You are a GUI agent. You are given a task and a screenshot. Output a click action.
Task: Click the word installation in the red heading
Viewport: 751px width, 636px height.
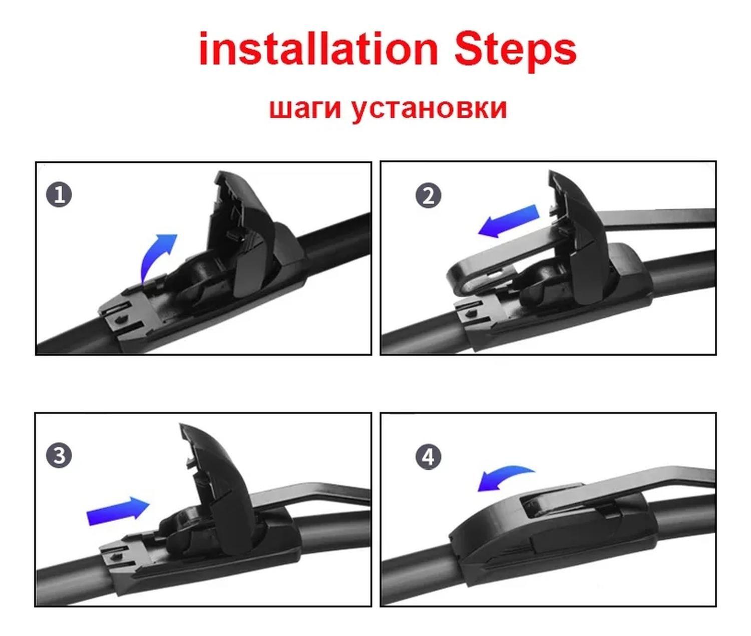[x=318, y=49]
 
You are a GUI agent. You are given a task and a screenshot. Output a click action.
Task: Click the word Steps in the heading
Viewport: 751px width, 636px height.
[x=515, y=51]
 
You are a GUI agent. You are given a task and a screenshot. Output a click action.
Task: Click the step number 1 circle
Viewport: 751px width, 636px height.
[x=59, y=195]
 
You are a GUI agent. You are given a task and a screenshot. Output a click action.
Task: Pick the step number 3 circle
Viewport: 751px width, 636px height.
[x=59, y=456]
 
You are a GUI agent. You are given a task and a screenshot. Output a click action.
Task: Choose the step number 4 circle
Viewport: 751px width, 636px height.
[x=429, y=457]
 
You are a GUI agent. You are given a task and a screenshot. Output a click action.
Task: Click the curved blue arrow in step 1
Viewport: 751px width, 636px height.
[x=153, y=255]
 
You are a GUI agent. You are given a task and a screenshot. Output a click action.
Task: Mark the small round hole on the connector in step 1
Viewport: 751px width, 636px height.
[x=120, y=320]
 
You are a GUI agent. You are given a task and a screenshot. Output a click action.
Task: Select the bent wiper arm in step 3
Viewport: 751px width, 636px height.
[x=309, y=495]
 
